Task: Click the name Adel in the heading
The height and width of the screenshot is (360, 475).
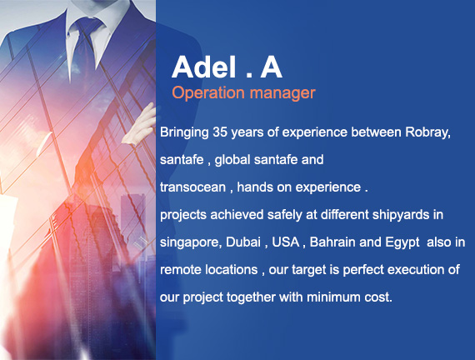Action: [x=204, y=67]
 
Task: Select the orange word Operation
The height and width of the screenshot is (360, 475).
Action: [x=208, y=93]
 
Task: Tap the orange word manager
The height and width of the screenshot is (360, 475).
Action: [x=282, y=93]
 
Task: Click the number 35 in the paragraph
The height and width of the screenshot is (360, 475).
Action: [x=220, y=132]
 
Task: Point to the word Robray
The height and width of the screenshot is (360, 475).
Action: [x=427, y=132]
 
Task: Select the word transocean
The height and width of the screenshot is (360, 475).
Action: [x=192, y=187]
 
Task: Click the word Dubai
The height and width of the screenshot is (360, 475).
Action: [x=243, y=242]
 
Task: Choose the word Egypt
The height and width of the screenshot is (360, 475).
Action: [x=402, y=242]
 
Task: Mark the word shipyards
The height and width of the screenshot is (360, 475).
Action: [x=401, y=215]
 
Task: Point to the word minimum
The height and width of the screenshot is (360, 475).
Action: [x=333, y=297]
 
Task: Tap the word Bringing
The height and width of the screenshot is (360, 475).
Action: [x=184, y=132]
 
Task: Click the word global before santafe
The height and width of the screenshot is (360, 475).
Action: [x=232, y=160]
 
